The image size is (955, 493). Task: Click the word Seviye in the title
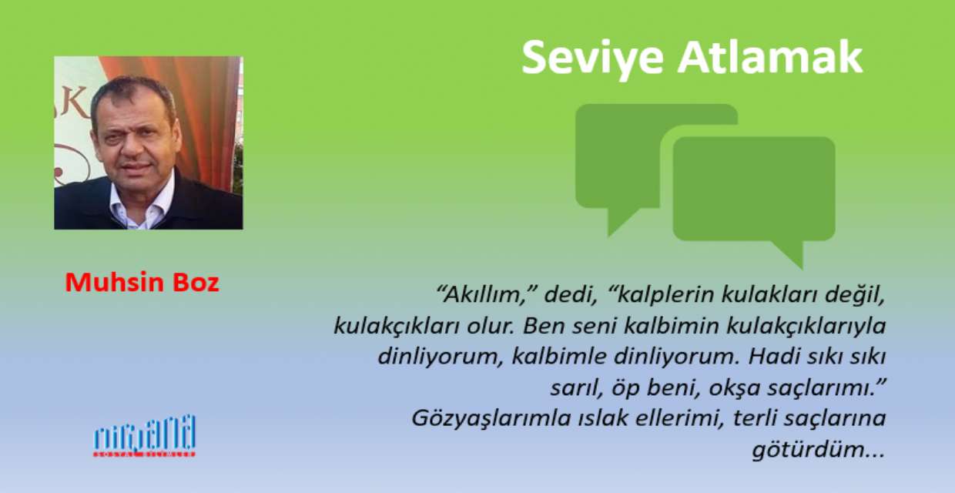coord(592,58)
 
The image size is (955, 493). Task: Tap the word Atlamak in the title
coord(771,57)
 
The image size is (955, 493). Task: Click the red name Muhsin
coord(115,283)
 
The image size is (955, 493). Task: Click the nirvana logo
coord(145,436)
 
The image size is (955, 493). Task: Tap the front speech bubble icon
coord(754,192)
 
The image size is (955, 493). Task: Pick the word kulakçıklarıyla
coord(806,327)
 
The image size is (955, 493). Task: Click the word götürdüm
coord(819,450)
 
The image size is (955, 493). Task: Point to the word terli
coord(756,418)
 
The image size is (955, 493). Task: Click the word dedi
coord(570,295)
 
